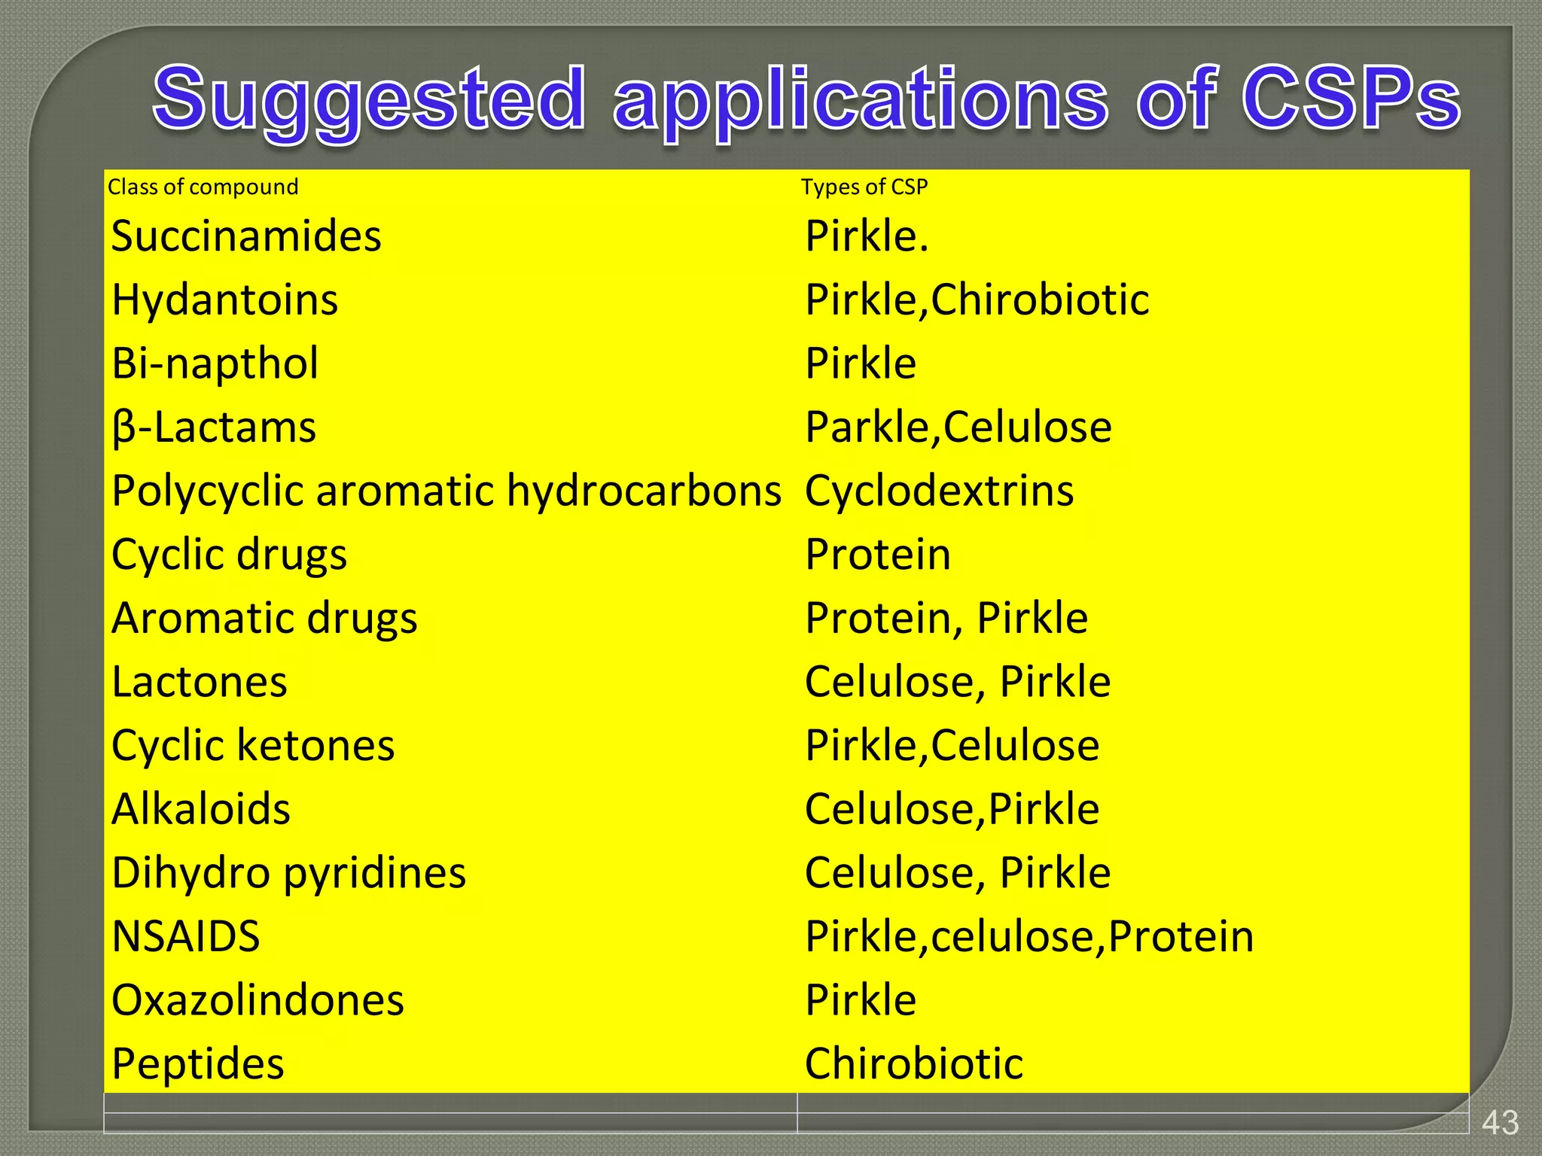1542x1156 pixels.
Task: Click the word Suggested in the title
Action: (369, 99)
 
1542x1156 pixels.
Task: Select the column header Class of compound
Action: (203, 187)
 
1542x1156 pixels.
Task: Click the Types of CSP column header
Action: (864, 187)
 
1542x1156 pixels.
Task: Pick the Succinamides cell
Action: (246, 236)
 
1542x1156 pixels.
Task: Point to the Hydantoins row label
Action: (224, 300)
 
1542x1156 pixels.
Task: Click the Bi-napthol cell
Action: (215, 364)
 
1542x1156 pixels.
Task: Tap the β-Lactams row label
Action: (214, 427)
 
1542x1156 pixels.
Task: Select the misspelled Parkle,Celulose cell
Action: (958, 427)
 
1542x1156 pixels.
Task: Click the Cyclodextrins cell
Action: (939, 491)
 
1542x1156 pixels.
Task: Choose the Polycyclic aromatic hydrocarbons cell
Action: (446, 491)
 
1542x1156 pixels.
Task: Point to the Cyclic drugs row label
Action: (229, 555)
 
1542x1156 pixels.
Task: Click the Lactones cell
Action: (200, 682)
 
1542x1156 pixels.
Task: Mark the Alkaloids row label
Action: (201, 809)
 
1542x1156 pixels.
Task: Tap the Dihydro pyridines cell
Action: (288, 873)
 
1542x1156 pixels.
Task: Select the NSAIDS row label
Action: (185, 936)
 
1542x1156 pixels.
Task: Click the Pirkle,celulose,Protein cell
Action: (1029, 936)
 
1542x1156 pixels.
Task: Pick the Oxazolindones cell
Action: (258, 1000)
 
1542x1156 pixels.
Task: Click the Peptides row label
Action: (197, 1063)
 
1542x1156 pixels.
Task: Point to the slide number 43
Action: (1500, 1123)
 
